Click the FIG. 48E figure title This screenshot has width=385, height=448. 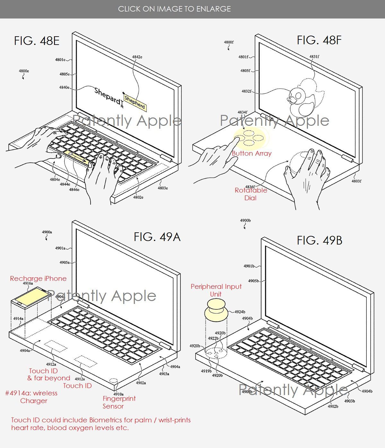tap(37, 41)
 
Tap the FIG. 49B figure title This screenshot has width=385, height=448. tap(319, 240)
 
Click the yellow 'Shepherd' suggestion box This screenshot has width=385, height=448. tap(135, 103)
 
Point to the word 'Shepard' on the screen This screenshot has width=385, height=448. tap(108, 96)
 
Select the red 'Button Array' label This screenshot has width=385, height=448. tap(251, 153)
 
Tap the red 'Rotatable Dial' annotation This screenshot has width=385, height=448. tap(251, 194)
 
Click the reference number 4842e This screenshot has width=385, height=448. tap(137, 57)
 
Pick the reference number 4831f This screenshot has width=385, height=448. tap(314, 57)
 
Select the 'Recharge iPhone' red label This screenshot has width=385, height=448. tap(38, 279)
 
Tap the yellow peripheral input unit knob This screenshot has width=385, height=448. tap(216, 310)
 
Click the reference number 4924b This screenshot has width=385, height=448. tap(240, 312)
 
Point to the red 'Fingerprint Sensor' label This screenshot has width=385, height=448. tap(119, 402)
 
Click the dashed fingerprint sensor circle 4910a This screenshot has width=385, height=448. tap(113, 381)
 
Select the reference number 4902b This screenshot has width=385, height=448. tap(333, 406)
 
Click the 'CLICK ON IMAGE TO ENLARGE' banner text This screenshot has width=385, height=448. tap(174, 9)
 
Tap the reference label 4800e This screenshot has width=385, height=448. tap(24, 71)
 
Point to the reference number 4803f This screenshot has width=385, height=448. tap(356, 181)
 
